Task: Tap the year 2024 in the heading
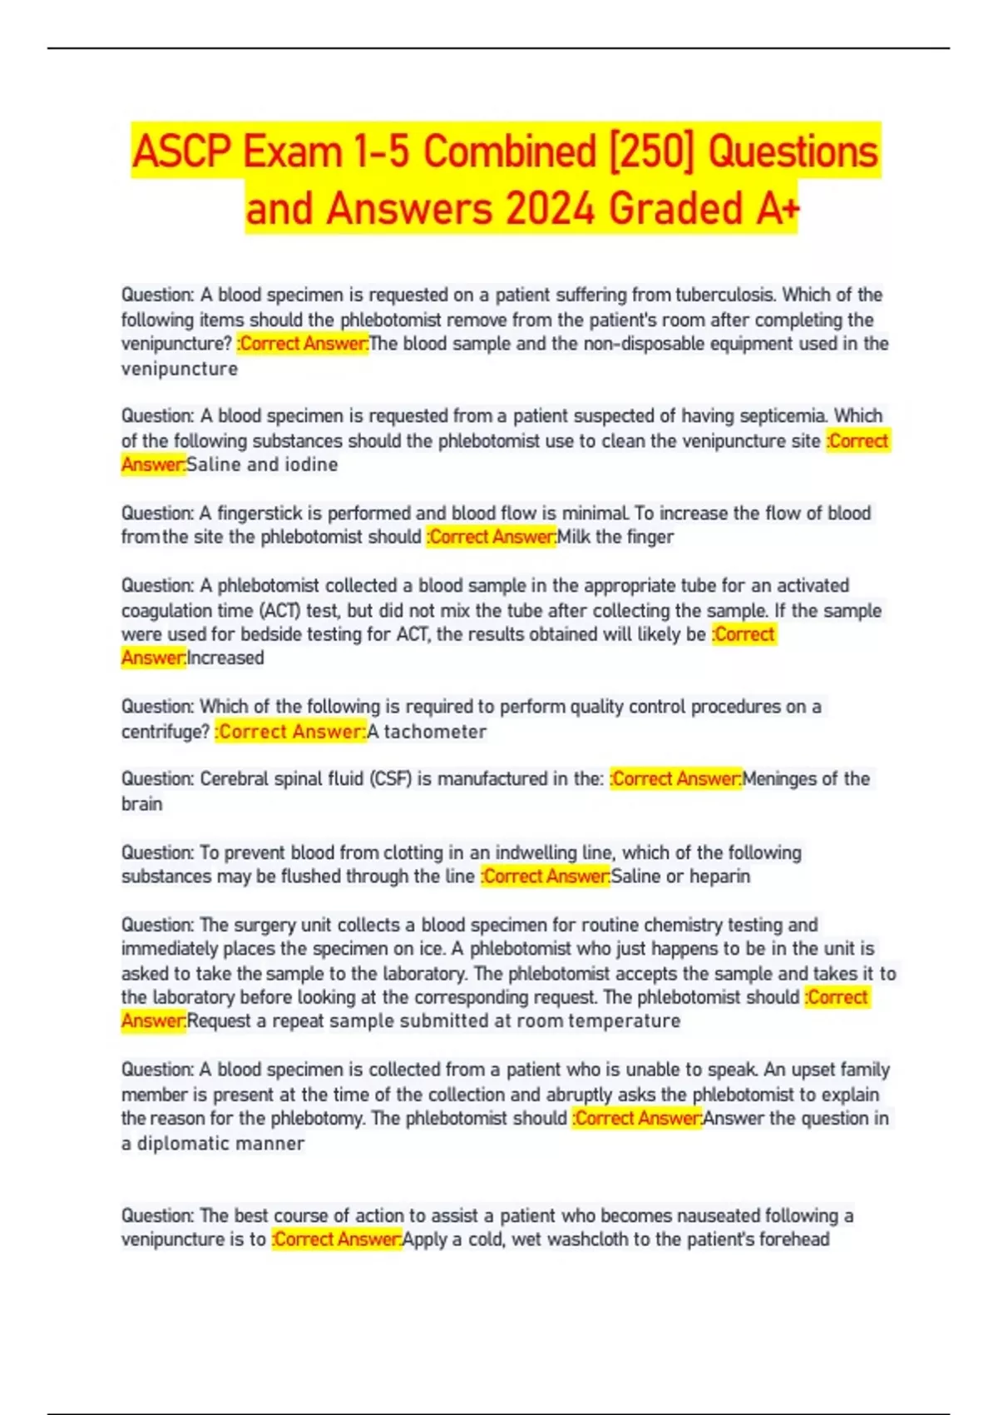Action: click(551, 209)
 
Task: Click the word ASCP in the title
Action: click(182, 152)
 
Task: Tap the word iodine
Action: click(311, 464)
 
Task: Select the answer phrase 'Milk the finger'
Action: click(615, 537)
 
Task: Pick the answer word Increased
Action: click(225, 658)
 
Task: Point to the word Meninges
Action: click(778, 779)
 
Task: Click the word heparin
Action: click(719, 876)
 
